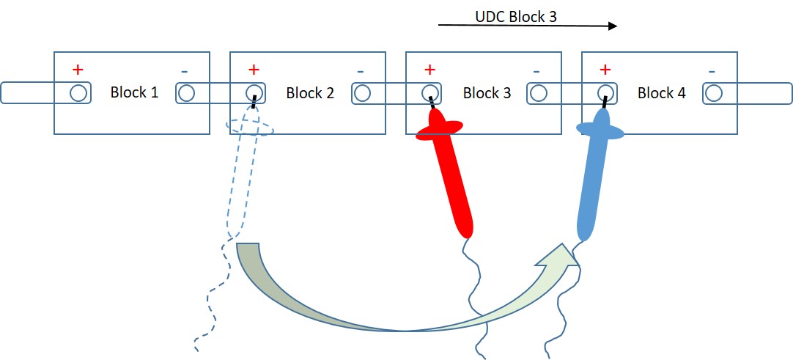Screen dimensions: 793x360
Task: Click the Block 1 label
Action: click(x=135, y=92)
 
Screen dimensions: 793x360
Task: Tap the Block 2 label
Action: click(x=310, y=93)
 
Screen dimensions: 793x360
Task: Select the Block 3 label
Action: click(x=487, y=93)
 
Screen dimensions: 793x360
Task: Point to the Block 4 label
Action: click(x=662, y=93)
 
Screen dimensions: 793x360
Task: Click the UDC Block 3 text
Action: click(x=516, y=17)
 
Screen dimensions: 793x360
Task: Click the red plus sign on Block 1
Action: click(x=78, y=68)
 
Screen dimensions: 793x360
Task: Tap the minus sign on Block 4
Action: click(x=712, y=71)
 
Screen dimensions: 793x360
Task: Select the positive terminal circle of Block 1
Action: click(x=78, y=93)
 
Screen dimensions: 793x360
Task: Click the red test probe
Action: click(x=447, y=167)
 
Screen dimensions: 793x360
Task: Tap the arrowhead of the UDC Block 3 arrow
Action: click(x=613, y=25)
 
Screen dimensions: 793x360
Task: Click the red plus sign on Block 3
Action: click(x=429, y=68)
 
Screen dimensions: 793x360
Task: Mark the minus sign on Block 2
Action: click(x=360, y=71)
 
